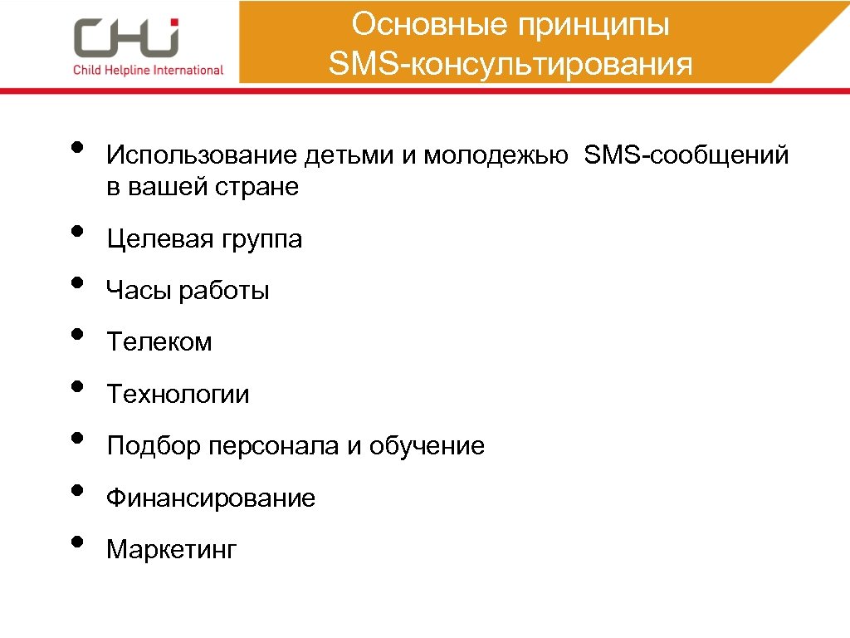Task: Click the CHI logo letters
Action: coord(126,37)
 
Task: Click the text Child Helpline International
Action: coord(149,70)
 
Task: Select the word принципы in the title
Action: coord(594,25)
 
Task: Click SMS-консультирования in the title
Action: coord(510,64)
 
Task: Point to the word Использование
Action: coord(202,155)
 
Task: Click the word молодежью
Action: coord(496,156)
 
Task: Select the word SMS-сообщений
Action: coord(686,155)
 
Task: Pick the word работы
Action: coord(224,292)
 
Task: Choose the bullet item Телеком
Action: coord(159,341)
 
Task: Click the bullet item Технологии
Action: coord(178,394)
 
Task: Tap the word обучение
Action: coord(427,447)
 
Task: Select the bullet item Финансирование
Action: coord(211,498)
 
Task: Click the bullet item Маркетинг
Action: coord(172,549)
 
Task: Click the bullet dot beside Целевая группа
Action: coord(76,230)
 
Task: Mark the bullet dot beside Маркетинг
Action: coord(76,541)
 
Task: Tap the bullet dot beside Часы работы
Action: coord(76,282)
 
